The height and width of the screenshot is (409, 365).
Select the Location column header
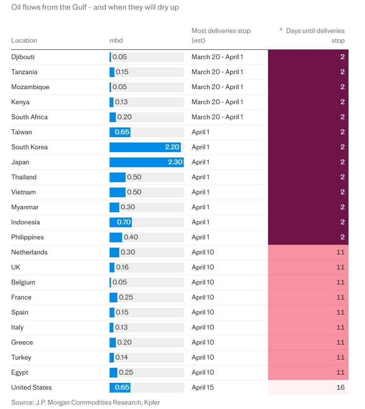click(24, 41)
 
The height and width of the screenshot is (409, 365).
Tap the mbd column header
click(116, 41)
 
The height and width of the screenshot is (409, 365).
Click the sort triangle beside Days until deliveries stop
click(281, 30)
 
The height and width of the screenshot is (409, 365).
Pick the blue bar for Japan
click(146, 162)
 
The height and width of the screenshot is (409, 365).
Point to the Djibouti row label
click(23, 57)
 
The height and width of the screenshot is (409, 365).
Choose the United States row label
click(32, 388)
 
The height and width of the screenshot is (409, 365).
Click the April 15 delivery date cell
click(203, 388)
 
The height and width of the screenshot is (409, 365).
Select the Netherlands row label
click(30, 252)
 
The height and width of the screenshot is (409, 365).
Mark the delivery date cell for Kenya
click(217, 102)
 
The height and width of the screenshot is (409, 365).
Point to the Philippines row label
click(28, 237)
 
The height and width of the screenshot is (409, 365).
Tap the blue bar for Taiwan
click(120, 132)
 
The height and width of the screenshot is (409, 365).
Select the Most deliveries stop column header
click(221, 35)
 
